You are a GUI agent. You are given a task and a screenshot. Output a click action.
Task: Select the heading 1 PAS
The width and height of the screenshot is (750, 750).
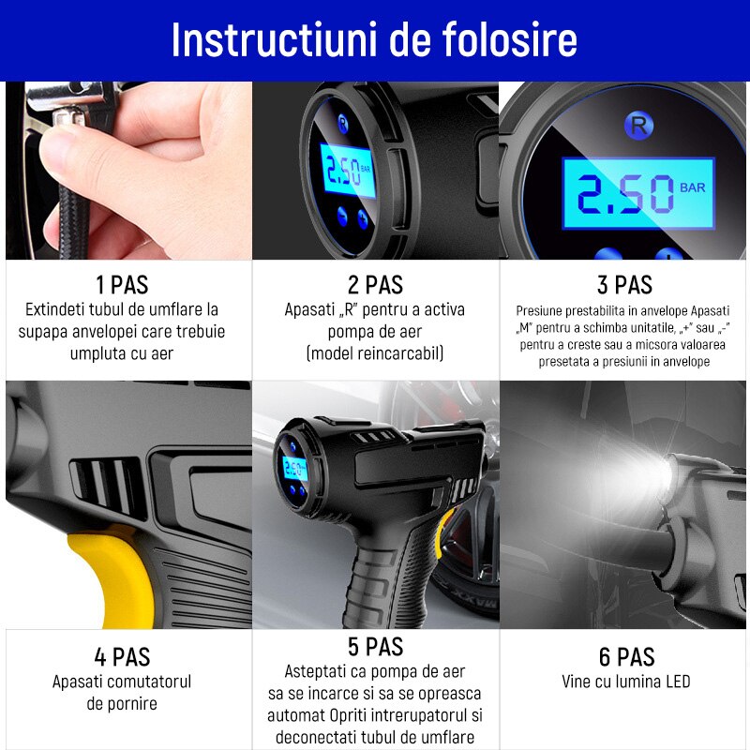tap(122, 285)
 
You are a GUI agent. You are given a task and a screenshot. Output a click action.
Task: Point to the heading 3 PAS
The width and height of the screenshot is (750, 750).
tap(625, 285)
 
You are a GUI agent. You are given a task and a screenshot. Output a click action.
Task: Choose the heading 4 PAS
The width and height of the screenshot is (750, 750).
tap(122, 656)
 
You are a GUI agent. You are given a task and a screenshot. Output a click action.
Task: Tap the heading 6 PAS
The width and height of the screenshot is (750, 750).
tap(625, 656)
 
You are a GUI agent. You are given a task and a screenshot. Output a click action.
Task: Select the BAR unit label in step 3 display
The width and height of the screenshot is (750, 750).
tap(694, 187)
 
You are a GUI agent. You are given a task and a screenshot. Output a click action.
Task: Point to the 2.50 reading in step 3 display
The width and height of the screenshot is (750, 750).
tap(623, 195)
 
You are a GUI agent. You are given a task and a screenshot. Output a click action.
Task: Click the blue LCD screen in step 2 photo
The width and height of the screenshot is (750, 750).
tap(347, 171)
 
